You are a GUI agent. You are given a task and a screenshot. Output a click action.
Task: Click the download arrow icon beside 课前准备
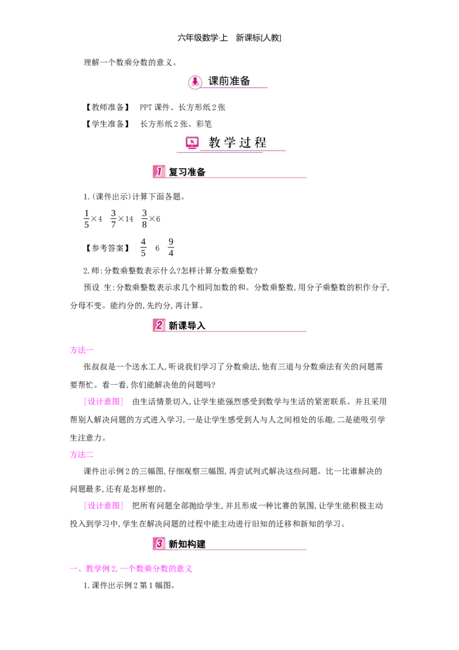point(195,82)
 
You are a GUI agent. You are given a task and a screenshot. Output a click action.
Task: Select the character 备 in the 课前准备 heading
point(245,81)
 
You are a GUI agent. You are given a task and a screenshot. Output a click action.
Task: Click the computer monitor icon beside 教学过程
point(192,143)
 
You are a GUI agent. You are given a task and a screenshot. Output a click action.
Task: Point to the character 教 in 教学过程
point(215,143)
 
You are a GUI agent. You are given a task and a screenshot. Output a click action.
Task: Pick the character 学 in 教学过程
point(231,143)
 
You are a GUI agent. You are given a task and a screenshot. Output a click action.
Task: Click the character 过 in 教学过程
point(246,143)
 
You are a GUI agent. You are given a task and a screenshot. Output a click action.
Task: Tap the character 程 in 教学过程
point(261,143)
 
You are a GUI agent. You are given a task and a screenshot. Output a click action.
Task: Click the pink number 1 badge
point(159,172)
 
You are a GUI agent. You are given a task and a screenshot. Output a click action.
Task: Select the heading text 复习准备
point(187,172)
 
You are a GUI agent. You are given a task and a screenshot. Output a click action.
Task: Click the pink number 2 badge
point(159,325)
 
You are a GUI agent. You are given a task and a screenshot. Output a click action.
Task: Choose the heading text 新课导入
point(187,326)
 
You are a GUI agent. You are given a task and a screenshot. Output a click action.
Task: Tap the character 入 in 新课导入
point(201,326)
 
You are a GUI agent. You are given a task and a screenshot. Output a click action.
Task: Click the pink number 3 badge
point(159,544)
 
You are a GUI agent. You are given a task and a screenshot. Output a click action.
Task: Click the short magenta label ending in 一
point(82,349)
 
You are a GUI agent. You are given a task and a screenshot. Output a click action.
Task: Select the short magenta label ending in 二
point(82,455)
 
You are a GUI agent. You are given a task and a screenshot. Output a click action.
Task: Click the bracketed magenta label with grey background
point(103,402)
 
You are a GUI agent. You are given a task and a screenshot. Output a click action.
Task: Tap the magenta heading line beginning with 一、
point(131,569)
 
